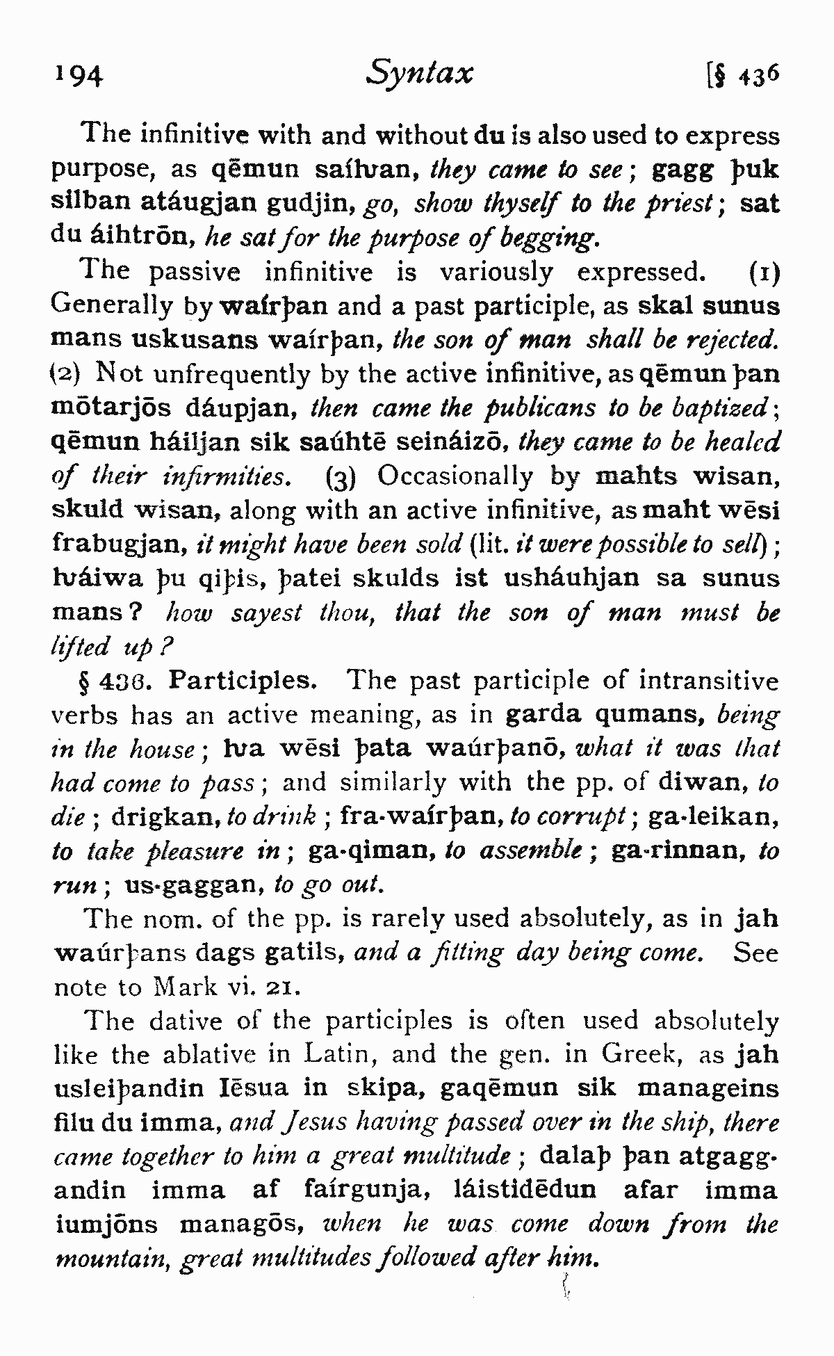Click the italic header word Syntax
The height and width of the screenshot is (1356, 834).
coord(420,72)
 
